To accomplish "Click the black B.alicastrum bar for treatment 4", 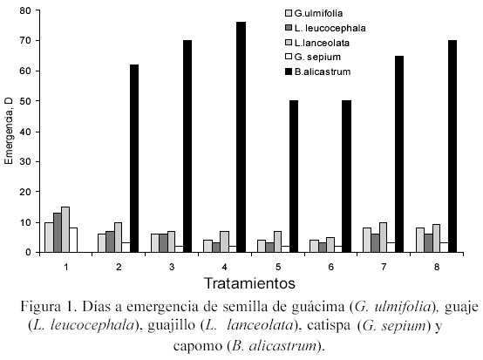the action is point(241,137).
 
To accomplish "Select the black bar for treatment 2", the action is point(134,159).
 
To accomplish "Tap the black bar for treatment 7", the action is point(399,154).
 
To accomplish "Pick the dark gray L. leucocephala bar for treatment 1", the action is point(58,233).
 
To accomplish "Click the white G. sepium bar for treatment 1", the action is point(73,241).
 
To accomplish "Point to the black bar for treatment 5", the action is point(294,176).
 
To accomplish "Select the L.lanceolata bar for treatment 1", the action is point(65,230).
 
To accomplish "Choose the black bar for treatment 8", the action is point(452,146).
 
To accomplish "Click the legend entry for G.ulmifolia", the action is point(314,13).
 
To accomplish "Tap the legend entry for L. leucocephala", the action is point(325,28).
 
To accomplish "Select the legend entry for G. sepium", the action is point(313,57).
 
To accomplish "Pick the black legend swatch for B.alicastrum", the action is point(289,71).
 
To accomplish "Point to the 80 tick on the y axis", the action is point(37,10).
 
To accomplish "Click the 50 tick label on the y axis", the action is point(25,101).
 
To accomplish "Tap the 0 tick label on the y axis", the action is point(29,252).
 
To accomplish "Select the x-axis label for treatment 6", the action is point(330,267).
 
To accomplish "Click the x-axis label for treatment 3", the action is point(172,267).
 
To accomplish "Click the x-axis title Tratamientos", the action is point(249,283).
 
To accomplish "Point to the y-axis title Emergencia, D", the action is point(9,132).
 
